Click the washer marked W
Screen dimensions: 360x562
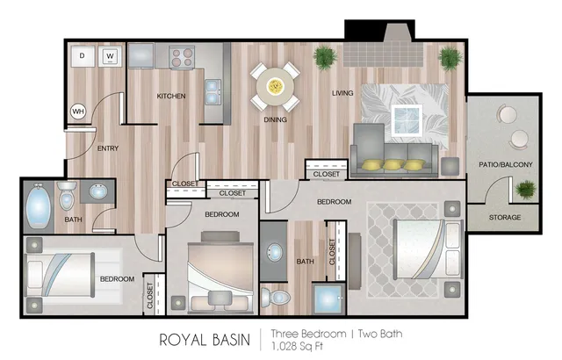click(111, 56)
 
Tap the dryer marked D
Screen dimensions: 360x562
click(83, 56)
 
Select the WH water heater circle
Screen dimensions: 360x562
click(77, 112)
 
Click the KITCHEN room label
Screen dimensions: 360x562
click(171, 96)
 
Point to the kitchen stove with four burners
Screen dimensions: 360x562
click(181, 57)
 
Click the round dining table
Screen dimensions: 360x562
click(274, 85)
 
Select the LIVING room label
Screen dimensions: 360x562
click(342, 92)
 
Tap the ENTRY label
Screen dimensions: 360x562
click(108, 148)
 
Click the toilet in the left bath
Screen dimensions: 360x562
click(68, 198)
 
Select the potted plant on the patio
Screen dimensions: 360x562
click(525, 188)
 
